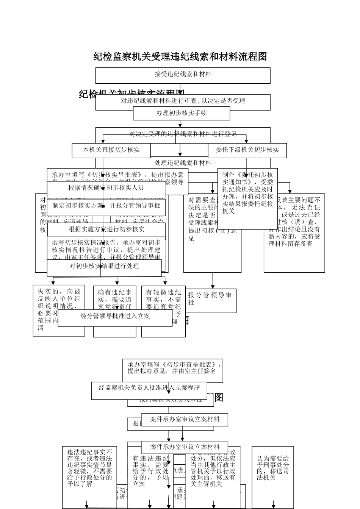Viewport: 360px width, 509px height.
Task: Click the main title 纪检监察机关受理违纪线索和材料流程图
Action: pos(180,57)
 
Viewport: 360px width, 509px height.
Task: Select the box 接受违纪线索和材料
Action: pos(183,75)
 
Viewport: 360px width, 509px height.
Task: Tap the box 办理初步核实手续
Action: pos(182,113)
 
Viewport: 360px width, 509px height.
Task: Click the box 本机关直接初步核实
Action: pos(111,150)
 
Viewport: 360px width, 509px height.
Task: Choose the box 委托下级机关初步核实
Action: pos(247,150)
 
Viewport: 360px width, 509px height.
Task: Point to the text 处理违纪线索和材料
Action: pos(183,163)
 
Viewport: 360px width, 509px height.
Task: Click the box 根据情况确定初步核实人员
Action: pos(106,188)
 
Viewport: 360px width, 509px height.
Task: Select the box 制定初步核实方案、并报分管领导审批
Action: pos(106,206)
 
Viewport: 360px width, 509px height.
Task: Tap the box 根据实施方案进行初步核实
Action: pos(106,230)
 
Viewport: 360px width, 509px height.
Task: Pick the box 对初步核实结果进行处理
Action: pos(104,267)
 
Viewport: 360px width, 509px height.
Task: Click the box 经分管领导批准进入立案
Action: pos(115,316)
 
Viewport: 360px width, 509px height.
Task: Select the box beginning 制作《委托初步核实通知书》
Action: pos(247,193)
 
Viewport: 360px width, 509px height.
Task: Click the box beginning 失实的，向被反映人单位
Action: pos(59,310)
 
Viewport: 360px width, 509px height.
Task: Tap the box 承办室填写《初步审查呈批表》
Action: pos(173,368)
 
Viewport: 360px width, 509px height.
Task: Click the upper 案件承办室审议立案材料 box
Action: pos(185,420)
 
